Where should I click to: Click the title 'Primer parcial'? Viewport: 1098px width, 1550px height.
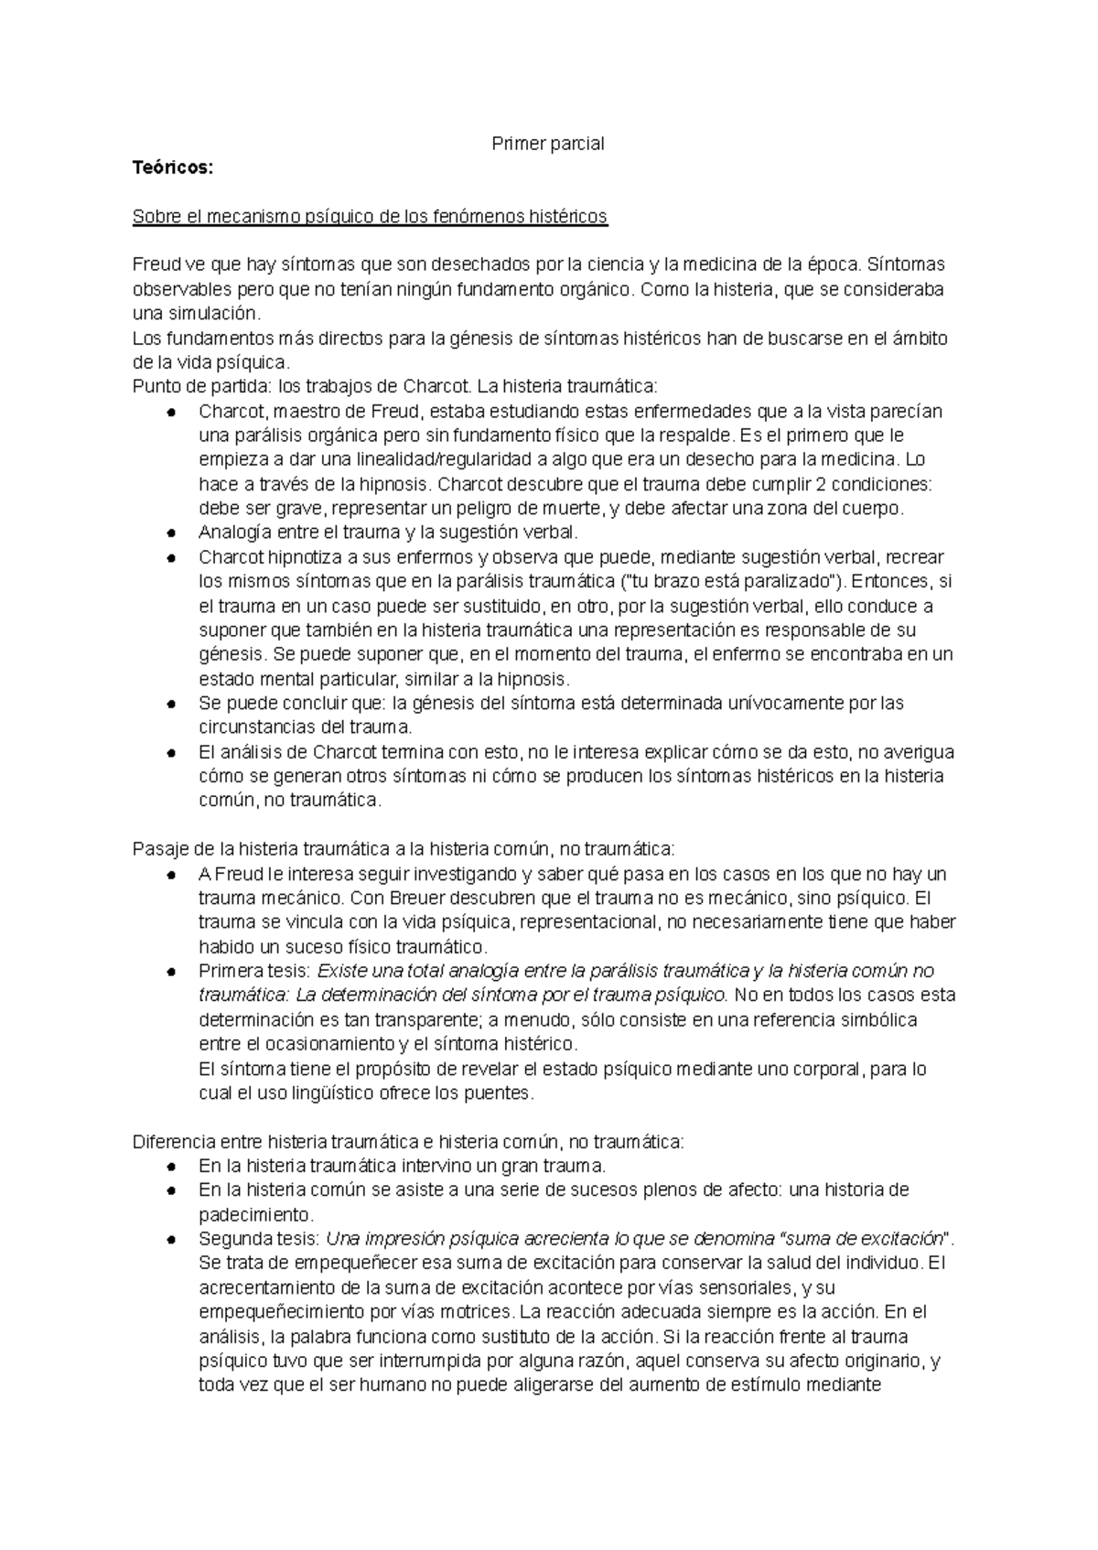548,144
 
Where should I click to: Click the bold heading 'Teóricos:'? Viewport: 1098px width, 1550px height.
172,167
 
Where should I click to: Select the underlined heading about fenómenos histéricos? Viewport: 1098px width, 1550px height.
370,217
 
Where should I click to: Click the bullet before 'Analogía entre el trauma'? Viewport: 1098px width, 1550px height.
171,533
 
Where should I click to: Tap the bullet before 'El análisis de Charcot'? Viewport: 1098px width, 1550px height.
171,753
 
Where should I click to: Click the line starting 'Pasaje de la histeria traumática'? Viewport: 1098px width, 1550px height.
403,849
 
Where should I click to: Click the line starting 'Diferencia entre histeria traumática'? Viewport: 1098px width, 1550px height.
407,1142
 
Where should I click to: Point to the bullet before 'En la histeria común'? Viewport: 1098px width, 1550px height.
171,1191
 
